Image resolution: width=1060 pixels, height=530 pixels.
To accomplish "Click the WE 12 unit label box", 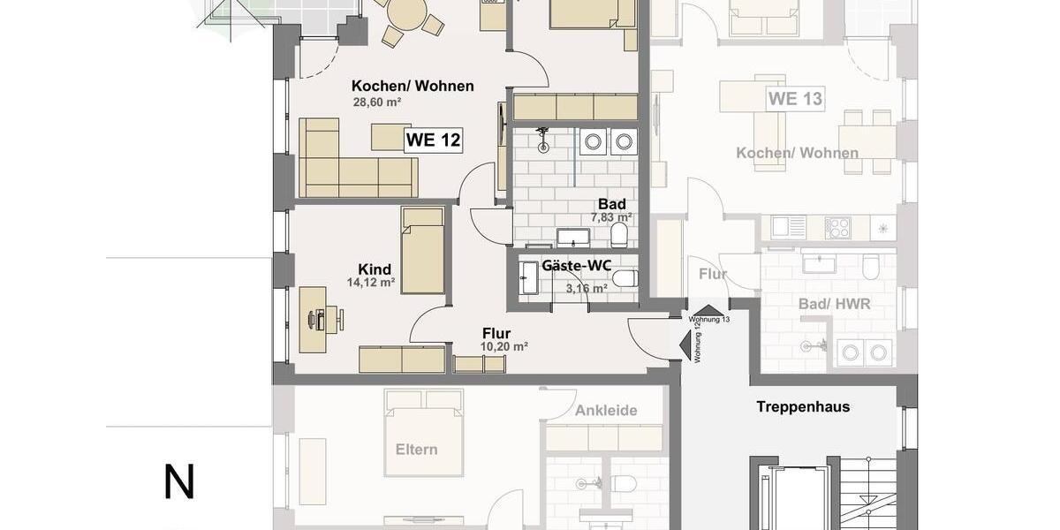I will click(433, 140).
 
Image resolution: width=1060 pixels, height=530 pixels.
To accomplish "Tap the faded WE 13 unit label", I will click(795, 98).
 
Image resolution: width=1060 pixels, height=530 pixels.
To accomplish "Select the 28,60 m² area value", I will click(377, 102).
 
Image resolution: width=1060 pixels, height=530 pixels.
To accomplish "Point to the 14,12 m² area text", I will click(371, 284).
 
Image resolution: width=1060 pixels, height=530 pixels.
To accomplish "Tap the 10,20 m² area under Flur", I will click(504, 347).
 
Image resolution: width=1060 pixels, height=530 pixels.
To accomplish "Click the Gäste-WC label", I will click(577, 265).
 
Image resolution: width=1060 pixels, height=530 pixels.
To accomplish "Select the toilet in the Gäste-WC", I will click(625, 279).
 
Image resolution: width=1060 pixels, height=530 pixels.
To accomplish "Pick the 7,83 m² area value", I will click(611, 217).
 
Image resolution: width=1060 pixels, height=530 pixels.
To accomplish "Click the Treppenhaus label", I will click(803, 407).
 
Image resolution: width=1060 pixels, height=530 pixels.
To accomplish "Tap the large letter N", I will click(179, 482).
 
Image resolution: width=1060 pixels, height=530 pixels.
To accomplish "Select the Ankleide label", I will click(605, 411).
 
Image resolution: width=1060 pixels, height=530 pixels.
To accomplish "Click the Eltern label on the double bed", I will click(416, 449).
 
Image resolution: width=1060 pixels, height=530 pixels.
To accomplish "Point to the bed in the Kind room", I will click(422, 250).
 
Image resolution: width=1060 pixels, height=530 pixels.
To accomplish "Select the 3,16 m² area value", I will click(586, 288).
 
